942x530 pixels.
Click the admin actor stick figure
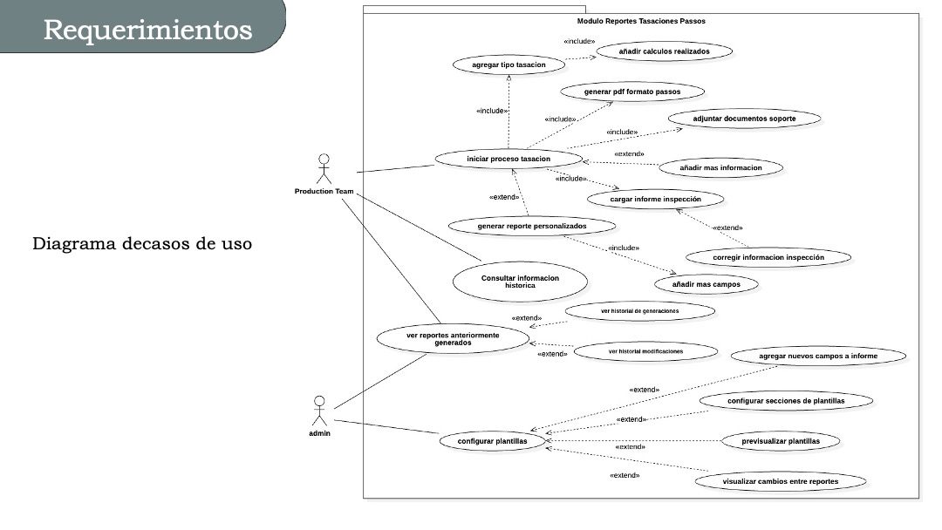(x=319, y=411)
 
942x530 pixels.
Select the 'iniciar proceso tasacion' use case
(x=508, y=159)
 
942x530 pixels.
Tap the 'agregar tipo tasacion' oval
(x=509, y=65)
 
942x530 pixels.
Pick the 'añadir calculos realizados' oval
(x=664, y=51)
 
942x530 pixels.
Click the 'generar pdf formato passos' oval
(x=632, y=92)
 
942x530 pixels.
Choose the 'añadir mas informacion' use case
(x=720, y=167)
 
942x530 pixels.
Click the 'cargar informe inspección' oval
(x=655, y=200)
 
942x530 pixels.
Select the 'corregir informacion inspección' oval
(x=768, y=257)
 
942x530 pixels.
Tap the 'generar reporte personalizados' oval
(x=532, y=226)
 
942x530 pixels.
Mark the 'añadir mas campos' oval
(x=706, y=284)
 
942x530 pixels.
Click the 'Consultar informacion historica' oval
(x=520, y=282)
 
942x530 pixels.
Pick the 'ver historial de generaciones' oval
(x=639, y=311)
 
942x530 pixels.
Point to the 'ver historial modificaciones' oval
(x=645, y=351)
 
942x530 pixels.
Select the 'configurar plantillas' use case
(x=493, y=441)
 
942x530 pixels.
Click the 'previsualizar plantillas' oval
(x=780, y=441)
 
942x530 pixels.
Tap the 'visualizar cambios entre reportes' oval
(x=781, y=481)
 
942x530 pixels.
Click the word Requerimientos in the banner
(x=147, y=30)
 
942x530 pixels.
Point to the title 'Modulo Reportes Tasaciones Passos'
(x=641, y=20)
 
